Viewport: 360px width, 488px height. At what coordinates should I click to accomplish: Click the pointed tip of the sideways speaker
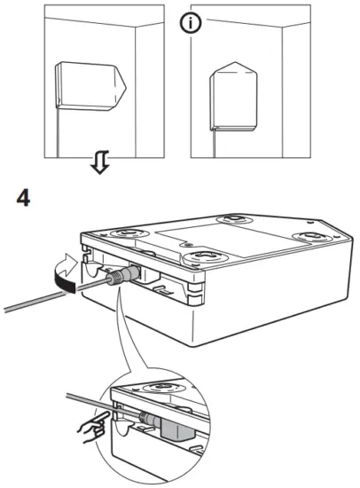tap(125, 86)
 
